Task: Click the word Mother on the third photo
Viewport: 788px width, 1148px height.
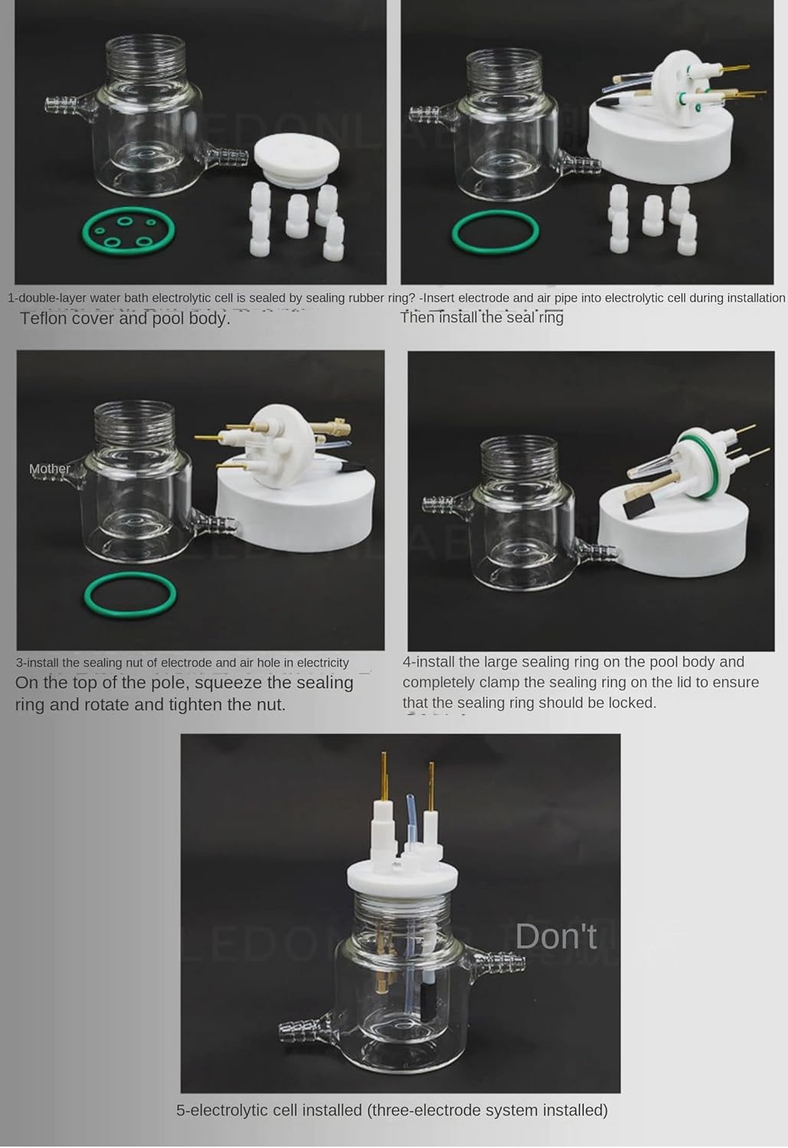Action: pyautogui.click(x=49, y=468)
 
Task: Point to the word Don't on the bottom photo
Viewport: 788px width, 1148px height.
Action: pyautogui.click(x=555, y=936)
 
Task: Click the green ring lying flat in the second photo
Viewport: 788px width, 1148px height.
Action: pyautogui.click(x=495, y=231)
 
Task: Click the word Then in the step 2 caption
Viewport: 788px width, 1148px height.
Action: pyautogui.click(x=418, y=317)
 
